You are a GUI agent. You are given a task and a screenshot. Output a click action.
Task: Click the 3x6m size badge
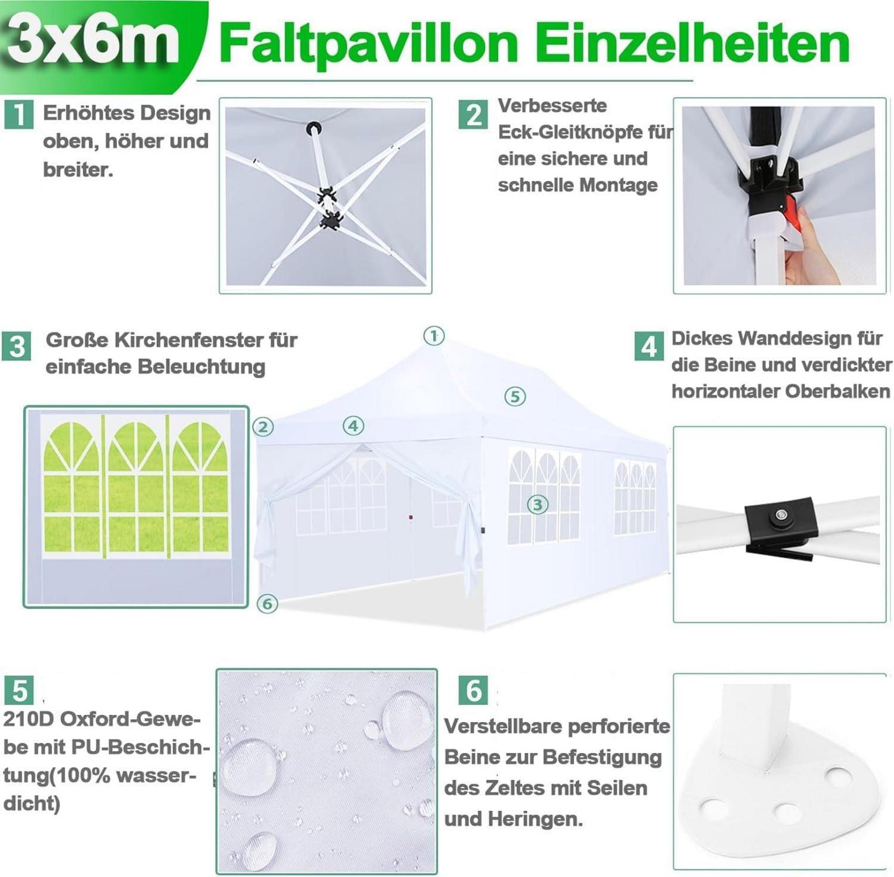94,41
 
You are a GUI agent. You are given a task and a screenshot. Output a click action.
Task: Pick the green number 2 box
473,114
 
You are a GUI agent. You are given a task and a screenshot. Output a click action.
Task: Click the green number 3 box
16,346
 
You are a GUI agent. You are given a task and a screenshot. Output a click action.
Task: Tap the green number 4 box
649,346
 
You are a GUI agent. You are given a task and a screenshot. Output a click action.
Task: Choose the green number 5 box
19,690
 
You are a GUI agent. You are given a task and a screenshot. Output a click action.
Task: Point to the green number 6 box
473,690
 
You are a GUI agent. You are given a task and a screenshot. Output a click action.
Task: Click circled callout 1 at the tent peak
434,336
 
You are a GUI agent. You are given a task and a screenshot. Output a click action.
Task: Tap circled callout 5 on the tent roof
515,396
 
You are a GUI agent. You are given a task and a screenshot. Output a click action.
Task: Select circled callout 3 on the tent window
538,504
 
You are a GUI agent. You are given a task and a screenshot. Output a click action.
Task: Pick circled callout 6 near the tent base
267,603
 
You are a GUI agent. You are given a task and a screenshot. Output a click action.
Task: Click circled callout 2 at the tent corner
263,427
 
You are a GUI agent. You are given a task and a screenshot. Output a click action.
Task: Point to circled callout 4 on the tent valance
353,426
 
